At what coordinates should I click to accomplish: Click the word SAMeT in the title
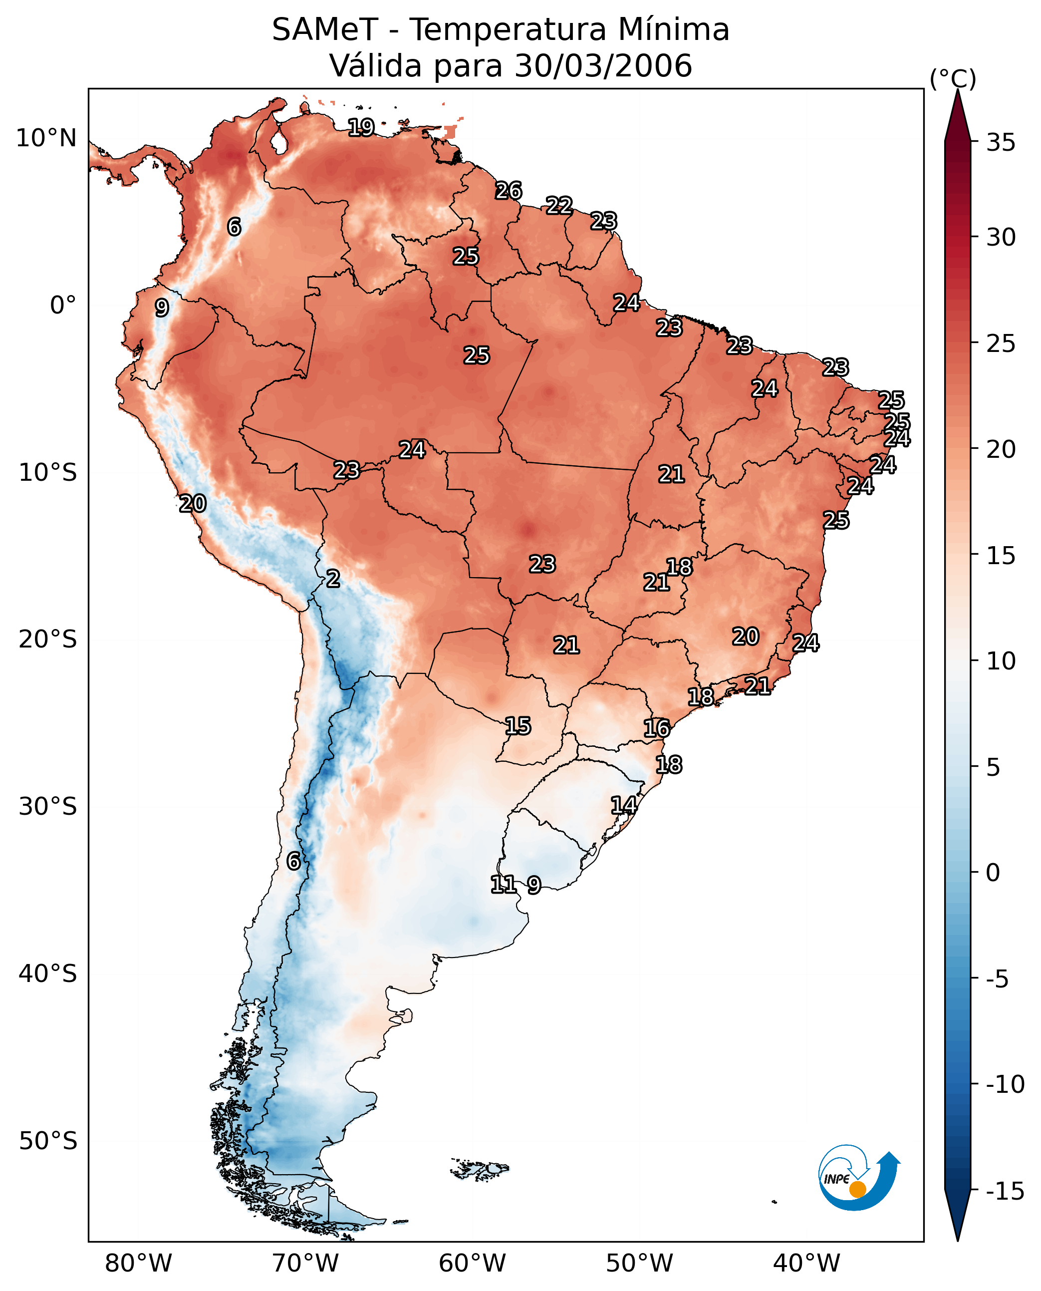pyautogui.click(x=324, y=30)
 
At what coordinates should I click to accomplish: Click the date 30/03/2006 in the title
pyautogui.click(x=603, y=66)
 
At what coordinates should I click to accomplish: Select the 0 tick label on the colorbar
pyautogui.click(x=993, y=873)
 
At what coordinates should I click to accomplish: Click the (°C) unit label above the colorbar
pyautogui.click(x=953, y=78)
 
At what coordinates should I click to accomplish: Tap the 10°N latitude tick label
pyautogui.click(x=46, y=139)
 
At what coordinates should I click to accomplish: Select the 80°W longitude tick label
pyautogui.click(x=139, y=1264)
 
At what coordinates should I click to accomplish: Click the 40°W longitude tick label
pyautogui.click(x=806, y=1264)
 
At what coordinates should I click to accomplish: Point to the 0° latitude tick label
pyautogui.click(x=63, y=306)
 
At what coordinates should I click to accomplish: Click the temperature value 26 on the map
pyautogui.click(x=509, y=191)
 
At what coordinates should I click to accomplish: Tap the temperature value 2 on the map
pyautogui.click(x=333, y=579)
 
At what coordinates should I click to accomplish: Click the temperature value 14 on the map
pyautogui.click(x=624, y=805)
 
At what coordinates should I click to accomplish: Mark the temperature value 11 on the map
pyautogui.click(x=503, y=884)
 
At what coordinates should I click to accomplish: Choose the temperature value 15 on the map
pyautogui.click(x=518, y=726)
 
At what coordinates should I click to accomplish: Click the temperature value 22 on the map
pyautogui.click(x=559, y=206)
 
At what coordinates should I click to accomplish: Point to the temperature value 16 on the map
pyautogui.click(x=657, y=728)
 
